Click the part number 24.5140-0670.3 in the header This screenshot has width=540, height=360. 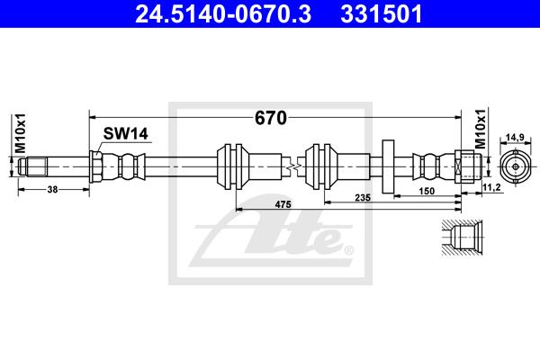tap(223, 14)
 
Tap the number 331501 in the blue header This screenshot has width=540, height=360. tap(382, 14)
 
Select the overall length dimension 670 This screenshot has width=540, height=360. tap(270, 118)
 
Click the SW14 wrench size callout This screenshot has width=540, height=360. tap(126, 134)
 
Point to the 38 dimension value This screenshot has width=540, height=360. tap(52, 190)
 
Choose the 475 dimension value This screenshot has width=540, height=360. tap(283, 204)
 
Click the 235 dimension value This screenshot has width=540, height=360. tap(363, 197)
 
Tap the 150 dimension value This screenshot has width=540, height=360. tap(427, 191)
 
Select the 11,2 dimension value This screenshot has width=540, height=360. tap(492, 187)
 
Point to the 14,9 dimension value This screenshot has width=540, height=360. tap(515, 138)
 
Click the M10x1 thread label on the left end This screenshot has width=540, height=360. tap(21, 133)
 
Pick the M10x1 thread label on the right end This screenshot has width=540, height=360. tap(481, 129)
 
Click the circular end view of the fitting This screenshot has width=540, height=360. tap(515, 166)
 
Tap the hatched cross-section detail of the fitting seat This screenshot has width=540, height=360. tap(462, 238)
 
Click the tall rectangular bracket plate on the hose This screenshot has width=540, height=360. tap(388, 166)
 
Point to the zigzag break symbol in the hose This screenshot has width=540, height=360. tap(293, 166)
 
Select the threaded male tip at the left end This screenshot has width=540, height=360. tap(32, 166)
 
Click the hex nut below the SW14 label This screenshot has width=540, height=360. tap(95, 166)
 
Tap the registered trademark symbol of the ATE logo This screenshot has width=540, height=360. tap(349, 250)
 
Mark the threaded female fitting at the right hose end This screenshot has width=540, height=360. tap(468, 166)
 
